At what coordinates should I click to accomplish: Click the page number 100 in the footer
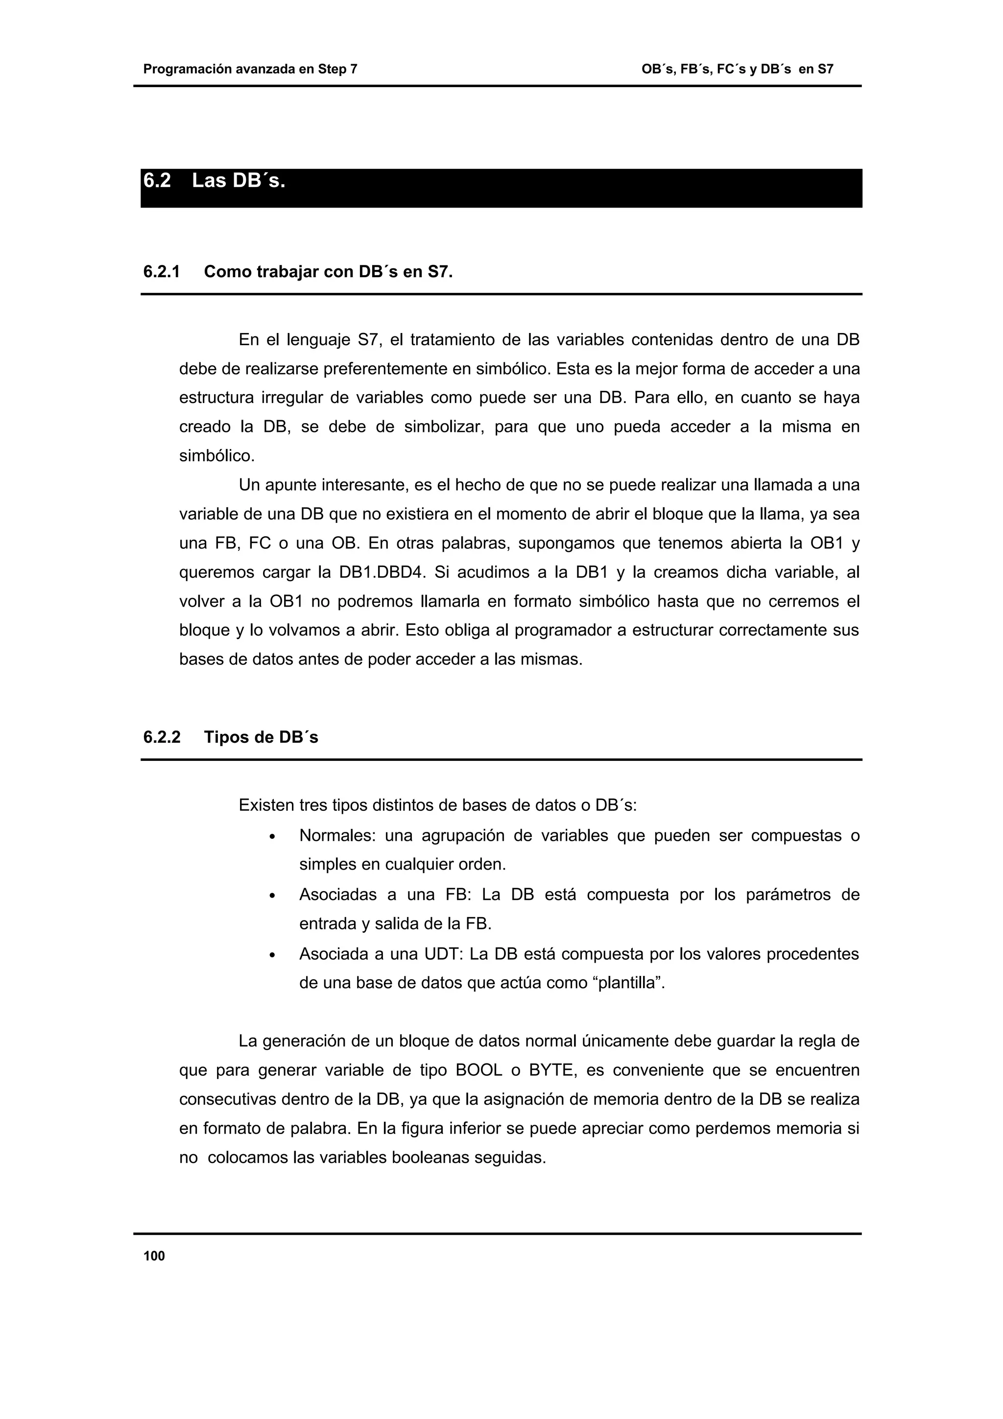[x=154, y=1255]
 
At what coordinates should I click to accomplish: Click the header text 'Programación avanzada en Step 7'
[x=250, y=69]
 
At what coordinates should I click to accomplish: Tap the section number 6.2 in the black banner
[x=157, y=181]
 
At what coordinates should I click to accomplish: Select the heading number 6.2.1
[x=161, y=272]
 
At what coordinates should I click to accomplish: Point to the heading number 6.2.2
[x=161, y=737]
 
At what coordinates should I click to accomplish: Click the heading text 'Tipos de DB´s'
[x=261, y=737]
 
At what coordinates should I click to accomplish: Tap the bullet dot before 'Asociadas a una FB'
[x=272, y=896]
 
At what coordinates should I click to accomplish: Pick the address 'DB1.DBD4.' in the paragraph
[x=382, y=572]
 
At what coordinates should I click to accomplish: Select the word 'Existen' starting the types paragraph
[x=266, y=806]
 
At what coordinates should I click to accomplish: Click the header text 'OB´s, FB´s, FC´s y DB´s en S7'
[x=737, y=69]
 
